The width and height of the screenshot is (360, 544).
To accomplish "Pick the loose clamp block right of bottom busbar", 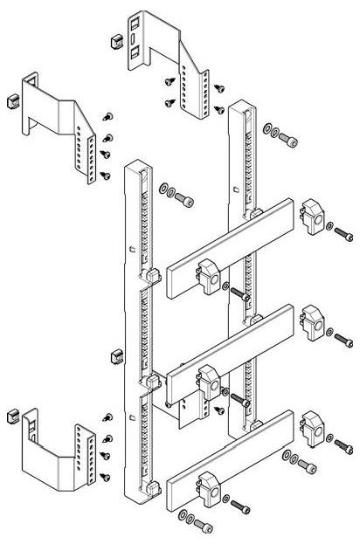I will point(312,425).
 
